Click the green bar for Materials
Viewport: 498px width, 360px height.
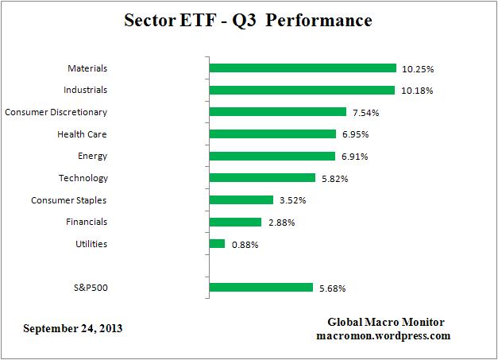(x=302, y=68)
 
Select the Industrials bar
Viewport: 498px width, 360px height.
(x=301, y=90)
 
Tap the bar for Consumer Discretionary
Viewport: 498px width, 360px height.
(x=277, y=112)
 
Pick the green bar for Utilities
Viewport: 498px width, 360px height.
(x=217, y=244)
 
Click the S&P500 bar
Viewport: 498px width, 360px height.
(x=260, y=288)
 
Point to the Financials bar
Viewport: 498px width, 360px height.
(x=235, y=222)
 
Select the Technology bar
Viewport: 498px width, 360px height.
(x=264, y=178)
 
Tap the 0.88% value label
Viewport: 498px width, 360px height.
(x=245, y=245)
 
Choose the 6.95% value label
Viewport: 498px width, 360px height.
(x=357, y=135)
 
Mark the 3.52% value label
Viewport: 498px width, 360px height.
(x=293, y=201)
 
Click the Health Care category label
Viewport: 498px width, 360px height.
(x=82, y=134)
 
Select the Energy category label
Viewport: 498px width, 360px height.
(x=93, y=156)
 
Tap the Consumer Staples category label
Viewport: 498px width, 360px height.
(x=69, y=200)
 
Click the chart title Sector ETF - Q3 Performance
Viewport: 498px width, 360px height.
(x=248, y=20)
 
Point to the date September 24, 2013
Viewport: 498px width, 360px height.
(x=73, y=328)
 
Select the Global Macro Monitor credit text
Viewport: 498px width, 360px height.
(x=386, y=322)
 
